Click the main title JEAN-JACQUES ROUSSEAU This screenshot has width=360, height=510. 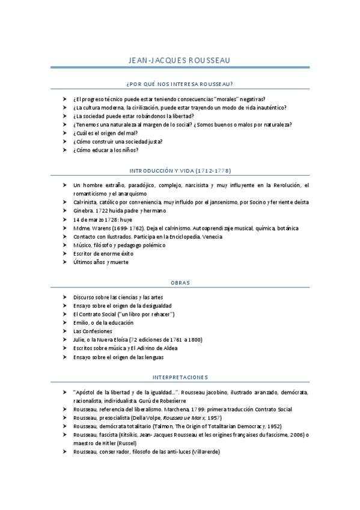coord(180,61)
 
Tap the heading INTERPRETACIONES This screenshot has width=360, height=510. coord(180,377)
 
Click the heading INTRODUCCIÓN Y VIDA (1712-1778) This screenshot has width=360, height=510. coord(180,170)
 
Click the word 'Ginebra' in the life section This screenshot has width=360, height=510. coord(83,211)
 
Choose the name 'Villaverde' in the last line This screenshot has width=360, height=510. coord(206,452)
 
